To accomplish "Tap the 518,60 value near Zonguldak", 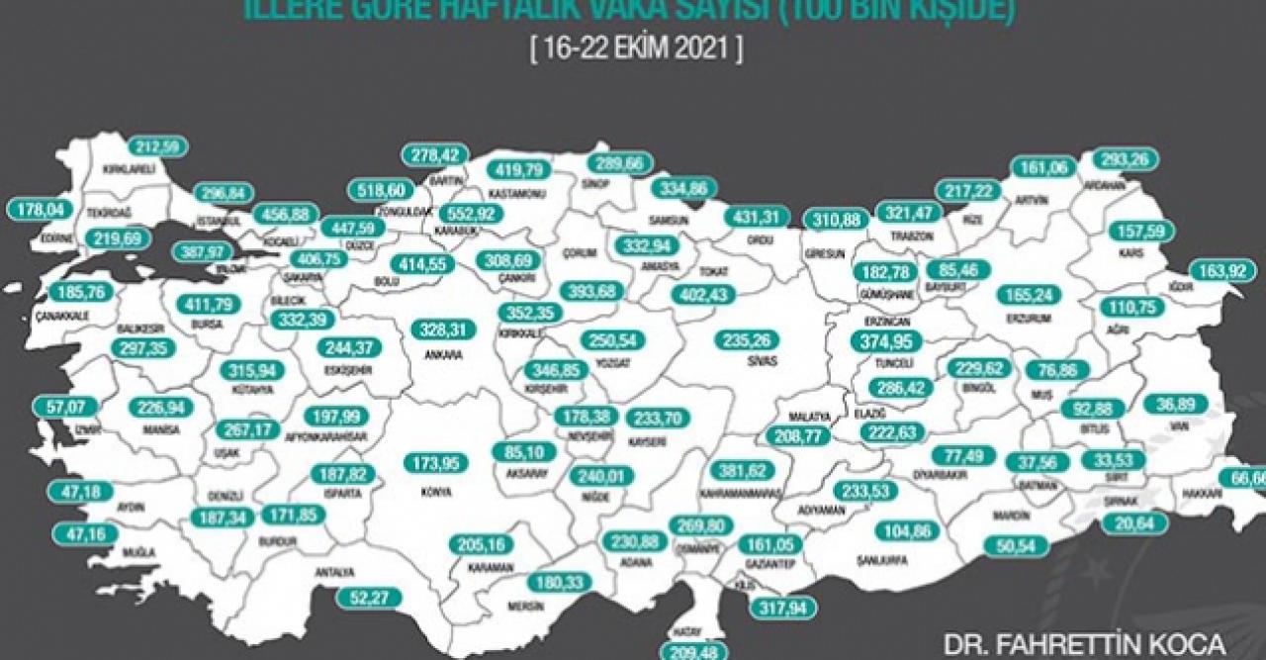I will point(383,190).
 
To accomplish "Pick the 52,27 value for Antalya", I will point(367,597).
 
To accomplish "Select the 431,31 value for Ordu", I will point(757,217).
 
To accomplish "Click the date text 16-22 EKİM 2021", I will point(635,49).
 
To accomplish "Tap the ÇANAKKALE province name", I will point(63,317).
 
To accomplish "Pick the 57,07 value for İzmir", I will point(66,406).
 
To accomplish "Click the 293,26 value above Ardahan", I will point(1126,157).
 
